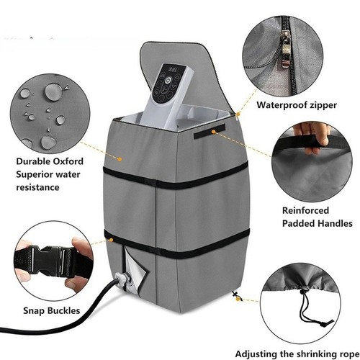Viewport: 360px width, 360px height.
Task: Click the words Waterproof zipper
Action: click(297, 105)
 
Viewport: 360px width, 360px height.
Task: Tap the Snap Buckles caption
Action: click(52, 310)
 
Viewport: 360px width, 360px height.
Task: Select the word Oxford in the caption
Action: click(68, 161)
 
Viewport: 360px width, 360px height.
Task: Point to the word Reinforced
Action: click(305, 210)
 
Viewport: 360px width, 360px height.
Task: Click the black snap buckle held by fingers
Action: click(52, 261)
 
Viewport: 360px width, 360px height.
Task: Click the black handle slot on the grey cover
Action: click(210, 131)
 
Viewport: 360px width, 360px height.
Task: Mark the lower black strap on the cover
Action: click(176, 243)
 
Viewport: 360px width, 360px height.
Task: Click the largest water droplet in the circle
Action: click(53, 91)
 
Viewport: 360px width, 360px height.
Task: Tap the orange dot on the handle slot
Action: click(213, 131)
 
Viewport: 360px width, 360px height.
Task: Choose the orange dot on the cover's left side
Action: click(120, 158)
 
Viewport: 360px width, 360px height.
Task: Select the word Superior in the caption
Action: click(35, 174)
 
